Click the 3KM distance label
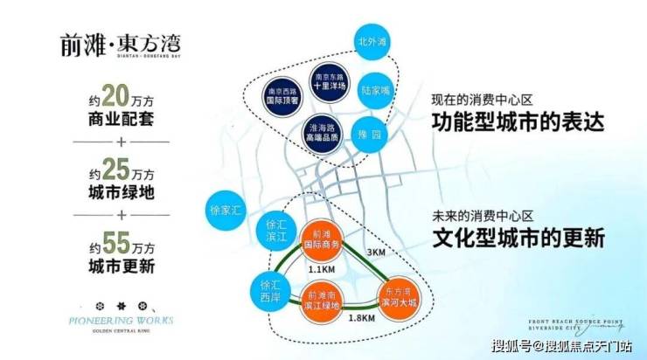tap(377, 252)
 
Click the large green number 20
tap(116, 93)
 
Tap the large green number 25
tap(116, 168)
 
